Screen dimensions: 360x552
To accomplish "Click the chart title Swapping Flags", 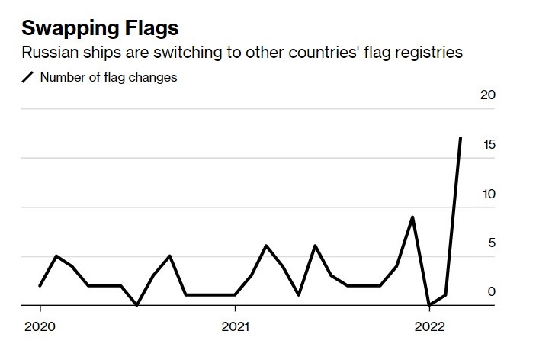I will click(100, 29).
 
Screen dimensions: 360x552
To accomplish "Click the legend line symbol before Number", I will click(29, 77).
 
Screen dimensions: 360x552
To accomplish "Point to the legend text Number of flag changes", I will click(108, 77).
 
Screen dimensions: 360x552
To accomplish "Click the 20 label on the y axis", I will click(486, 95).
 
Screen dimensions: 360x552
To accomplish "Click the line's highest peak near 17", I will click(461, 138).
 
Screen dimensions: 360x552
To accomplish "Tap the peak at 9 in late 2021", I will click(412, 217).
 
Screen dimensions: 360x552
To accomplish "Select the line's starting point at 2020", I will click(40, 285).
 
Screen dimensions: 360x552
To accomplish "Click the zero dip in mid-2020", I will click(137, 305).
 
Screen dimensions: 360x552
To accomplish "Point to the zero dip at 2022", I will click(429, 305).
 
